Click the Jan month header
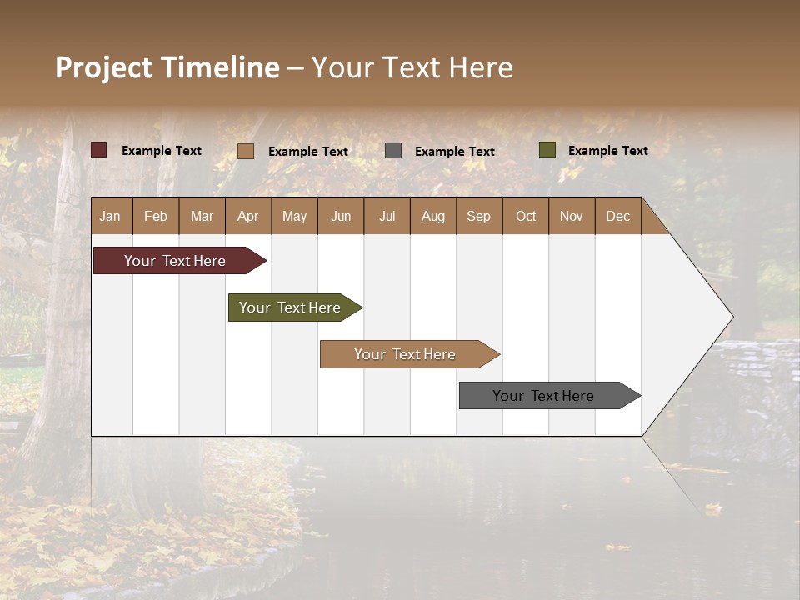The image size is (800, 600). click(110, 216)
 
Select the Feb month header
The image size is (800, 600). click(156, 216)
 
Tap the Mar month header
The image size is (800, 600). click(202, 216)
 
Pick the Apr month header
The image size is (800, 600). click(247, 216)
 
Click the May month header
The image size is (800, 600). click(294, 216)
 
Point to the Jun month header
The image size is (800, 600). click(341, 216)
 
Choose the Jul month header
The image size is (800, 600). click(387, 216)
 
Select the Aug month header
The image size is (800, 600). click(433, 216)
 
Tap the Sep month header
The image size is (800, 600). click(478, 216)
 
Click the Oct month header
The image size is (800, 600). click(526, 216)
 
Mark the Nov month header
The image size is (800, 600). click(572, 216)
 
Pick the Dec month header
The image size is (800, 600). click(617, 216)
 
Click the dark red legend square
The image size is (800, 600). click(99, 150)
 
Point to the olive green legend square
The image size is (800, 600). click(547, 150)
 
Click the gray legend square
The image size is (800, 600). click(393, 150)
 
